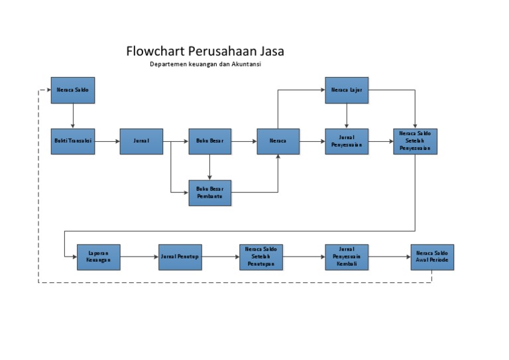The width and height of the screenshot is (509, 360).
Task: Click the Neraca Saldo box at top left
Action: point(73,90)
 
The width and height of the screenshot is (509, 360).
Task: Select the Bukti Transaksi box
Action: point(73,141)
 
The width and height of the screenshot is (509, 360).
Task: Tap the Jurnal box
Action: point(141,141)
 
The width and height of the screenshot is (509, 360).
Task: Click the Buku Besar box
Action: point(210,141)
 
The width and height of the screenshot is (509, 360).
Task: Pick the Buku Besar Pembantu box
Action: point(210,193)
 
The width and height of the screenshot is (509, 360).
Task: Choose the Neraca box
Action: point(278,141)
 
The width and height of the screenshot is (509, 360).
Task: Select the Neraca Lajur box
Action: point(347,90)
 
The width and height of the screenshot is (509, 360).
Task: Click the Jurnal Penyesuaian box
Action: point(347,141)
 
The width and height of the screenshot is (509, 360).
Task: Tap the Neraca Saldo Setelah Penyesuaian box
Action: point(415,141)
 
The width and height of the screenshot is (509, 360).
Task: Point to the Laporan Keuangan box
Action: point(99,257)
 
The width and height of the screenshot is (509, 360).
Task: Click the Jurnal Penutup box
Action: point(180,257)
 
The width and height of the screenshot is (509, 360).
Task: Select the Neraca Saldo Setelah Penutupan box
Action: point(261,257)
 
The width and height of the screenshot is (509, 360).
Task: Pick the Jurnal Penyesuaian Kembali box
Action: point(347,257)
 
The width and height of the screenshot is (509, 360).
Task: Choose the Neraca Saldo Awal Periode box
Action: point(432,257)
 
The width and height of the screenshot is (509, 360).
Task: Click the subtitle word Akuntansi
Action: point(254,64)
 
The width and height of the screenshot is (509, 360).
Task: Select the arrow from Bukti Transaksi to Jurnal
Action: point(107,141)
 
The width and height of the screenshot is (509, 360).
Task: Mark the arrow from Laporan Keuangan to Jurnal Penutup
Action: point(139,257)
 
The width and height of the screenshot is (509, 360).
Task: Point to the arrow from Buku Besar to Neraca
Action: point(244,141)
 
